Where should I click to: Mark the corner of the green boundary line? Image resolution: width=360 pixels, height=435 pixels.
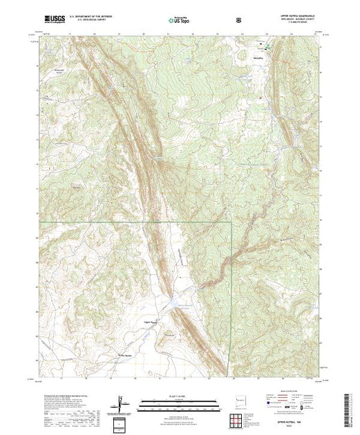[231, 222]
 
